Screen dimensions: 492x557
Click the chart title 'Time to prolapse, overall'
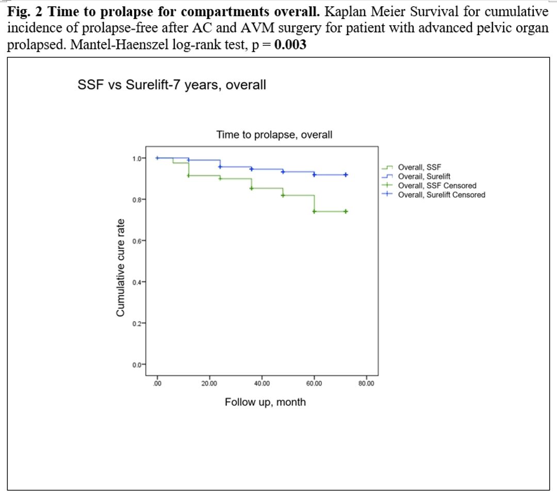(274, 135)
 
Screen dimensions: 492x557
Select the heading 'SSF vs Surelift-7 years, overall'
(172, 85)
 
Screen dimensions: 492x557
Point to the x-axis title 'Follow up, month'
(265, 402)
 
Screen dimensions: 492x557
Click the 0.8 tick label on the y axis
(136, 199)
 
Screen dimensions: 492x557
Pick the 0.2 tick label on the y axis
(136, 323)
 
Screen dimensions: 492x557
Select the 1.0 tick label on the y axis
(136, 158)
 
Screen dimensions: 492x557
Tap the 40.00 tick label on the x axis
(261, 384)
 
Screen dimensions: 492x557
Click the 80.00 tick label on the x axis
(366, 384)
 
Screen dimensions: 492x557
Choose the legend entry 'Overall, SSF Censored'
(437, 185)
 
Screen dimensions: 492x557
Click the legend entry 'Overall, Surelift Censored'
(441, 195)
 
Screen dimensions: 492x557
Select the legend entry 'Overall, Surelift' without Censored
(424, 177)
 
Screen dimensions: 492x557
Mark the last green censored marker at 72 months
(346, 211)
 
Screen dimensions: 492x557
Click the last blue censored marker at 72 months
(346, 175)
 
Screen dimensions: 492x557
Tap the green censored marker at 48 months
(283, 195)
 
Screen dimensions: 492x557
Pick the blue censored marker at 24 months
(220, 167)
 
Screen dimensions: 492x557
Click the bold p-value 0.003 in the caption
(290, 44)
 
